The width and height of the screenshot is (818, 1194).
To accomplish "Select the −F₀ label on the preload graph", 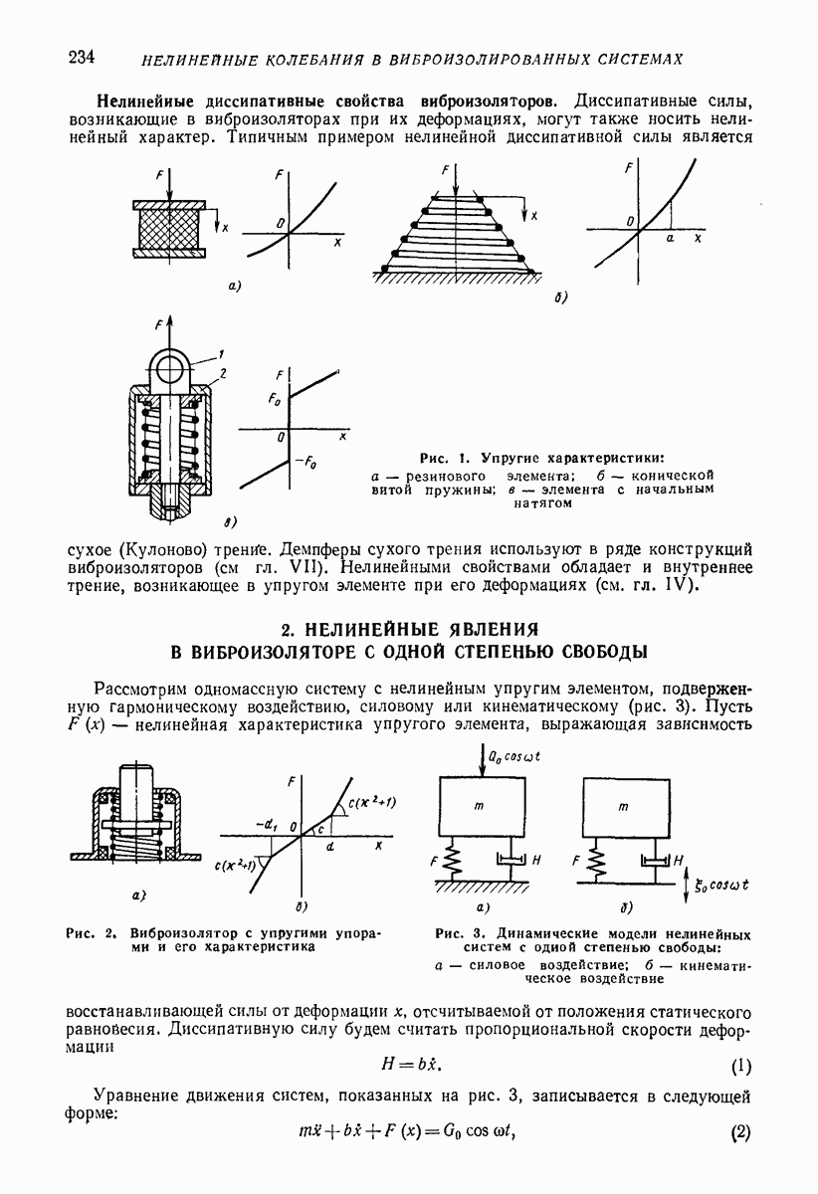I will [305, 461].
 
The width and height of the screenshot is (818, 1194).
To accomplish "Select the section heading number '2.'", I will [288, 630].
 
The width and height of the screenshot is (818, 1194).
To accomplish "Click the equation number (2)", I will [740, 1133].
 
